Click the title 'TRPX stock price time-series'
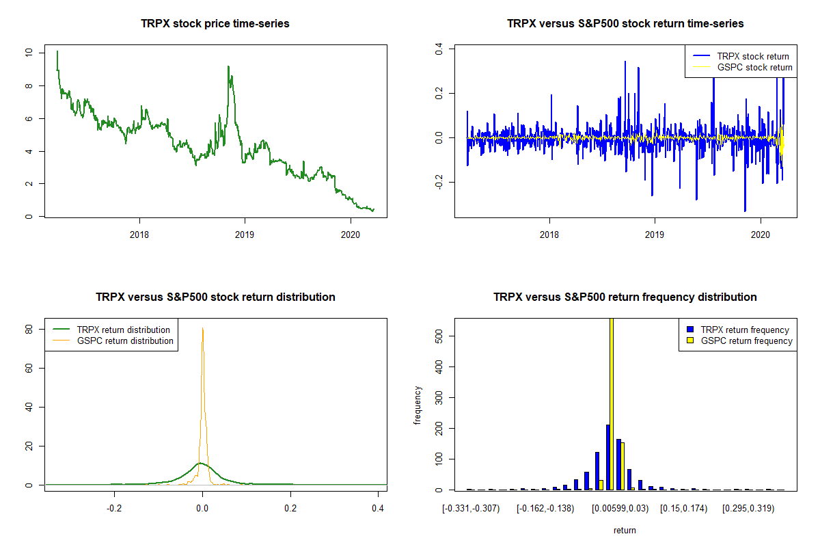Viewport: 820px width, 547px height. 215,24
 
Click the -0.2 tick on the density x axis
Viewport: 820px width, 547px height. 113,509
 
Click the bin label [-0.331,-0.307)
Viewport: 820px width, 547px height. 471,509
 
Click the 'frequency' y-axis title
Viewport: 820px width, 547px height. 418,405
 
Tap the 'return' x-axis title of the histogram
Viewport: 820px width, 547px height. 625,530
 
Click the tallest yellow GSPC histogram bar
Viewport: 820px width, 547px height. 611,403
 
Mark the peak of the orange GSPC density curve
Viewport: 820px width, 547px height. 202,328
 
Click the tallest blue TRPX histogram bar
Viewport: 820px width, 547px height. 607,457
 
